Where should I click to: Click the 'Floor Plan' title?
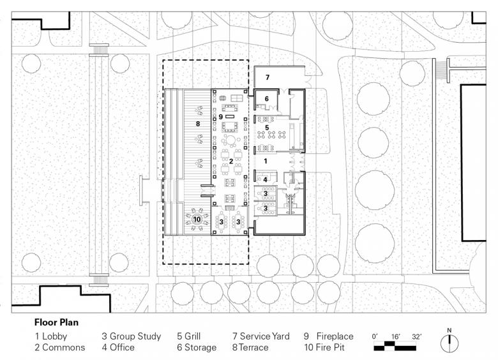point(56,322)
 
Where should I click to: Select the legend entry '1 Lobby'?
point(51,336)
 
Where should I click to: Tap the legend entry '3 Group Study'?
point(131,336)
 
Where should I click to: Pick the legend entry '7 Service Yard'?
point(260,336)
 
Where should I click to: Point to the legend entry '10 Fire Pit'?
point(324,347)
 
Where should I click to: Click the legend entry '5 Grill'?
point(188,336)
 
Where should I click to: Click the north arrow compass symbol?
point(449,342)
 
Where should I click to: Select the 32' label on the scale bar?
point(416,336)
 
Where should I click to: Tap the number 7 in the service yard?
point(268,77)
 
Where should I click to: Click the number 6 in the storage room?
point(266,99)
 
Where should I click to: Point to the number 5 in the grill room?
point(267,128)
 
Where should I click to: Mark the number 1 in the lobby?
point(266,161)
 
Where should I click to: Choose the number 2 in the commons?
point(231,161)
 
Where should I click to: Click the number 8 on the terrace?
point(197,123)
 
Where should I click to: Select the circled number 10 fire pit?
point(197,219)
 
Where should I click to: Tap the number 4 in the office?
point(265,180)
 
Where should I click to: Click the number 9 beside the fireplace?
point(220,117)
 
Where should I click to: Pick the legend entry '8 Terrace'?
point(250,347)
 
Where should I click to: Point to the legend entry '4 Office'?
point(118,347)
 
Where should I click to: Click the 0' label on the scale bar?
point(375,336)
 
